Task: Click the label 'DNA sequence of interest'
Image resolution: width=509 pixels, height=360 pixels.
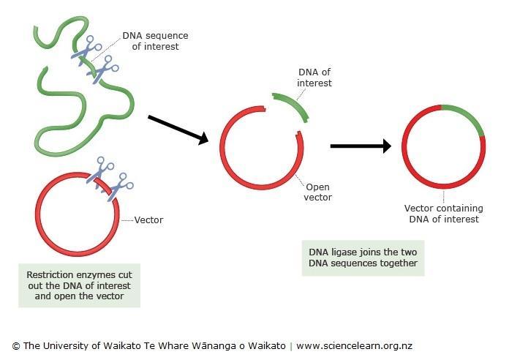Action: point(155,41)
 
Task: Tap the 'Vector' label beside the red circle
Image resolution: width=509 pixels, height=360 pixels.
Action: point(148,220)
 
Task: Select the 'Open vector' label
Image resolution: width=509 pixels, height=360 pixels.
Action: point(318,192)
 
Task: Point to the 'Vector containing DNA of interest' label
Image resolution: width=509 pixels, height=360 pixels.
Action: point(444,214)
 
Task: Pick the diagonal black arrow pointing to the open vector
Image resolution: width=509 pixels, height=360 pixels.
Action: point(178,130)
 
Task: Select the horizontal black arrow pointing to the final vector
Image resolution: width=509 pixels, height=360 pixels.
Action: point(361,146)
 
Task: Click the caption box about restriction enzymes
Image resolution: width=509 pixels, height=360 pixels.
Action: point(80,285)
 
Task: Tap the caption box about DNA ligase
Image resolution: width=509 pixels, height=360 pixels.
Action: point(363,258)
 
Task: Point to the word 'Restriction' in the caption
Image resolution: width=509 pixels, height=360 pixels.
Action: point(48,275)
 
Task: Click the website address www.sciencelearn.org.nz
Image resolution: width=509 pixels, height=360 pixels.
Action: point(354,345)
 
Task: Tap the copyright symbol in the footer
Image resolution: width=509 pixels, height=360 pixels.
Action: point(16,346)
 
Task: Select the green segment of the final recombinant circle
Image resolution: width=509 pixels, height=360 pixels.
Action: point(467,117)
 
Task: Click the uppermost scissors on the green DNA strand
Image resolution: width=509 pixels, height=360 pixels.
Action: point(86,50)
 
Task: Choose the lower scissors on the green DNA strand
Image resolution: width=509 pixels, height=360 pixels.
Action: point(102,70)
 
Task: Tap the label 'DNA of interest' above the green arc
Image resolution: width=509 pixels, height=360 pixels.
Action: point(314,78)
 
